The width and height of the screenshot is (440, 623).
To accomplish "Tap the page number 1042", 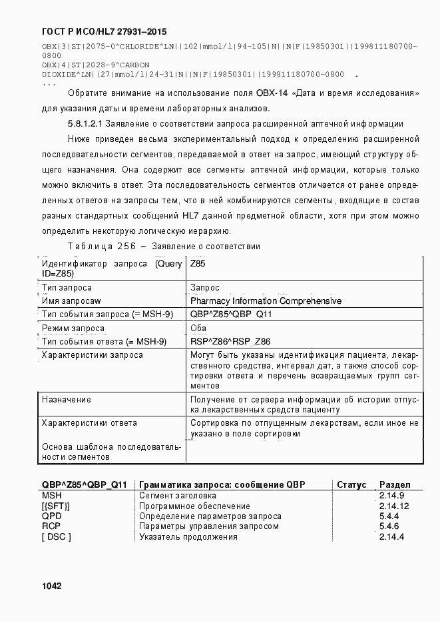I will point(52,586).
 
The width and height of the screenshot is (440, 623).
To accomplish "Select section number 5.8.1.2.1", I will point(85,124).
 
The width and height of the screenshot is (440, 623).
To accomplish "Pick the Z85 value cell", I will point(198,264).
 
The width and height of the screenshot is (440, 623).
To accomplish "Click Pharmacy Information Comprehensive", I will point(266,301).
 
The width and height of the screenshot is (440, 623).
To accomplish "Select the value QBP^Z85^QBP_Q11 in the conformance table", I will point(231,314).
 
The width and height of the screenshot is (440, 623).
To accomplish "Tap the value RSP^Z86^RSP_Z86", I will point(230,342).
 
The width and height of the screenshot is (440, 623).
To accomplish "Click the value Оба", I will point(198,328).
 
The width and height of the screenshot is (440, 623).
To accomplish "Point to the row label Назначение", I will point(67,400).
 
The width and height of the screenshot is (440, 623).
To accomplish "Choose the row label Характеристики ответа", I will point(89,423).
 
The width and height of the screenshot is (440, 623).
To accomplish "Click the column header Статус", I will point(351,485).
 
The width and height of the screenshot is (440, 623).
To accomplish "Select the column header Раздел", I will point(395,485).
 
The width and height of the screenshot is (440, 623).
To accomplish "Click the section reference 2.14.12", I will point(394,506).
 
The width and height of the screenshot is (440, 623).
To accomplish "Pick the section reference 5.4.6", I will point(389,526).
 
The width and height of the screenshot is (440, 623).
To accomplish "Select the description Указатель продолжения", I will point(188,537).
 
